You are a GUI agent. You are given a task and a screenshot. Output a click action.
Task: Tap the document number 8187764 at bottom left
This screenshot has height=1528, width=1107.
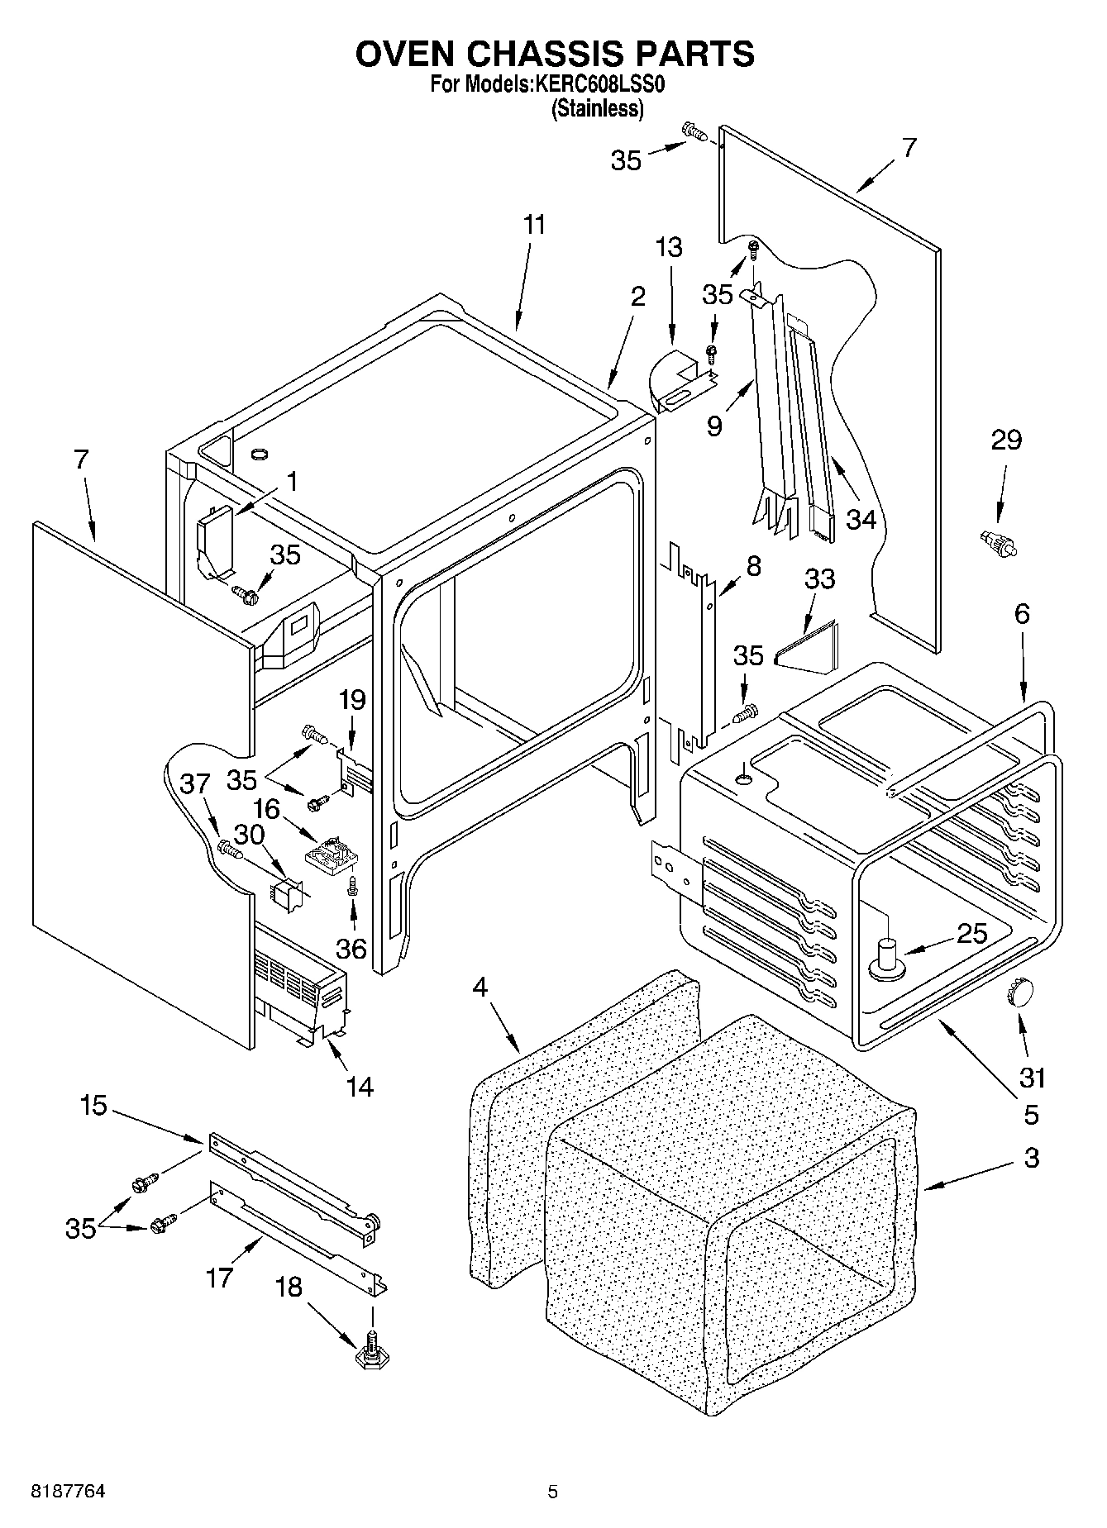coord(68,1492)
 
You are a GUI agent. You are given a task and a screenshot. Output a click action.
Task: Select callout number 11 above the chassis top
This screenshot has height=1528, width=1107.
coord(534,225)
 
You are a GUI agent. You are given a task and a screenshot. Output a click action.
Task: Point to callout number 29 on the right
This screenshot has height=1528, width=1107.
coord(1006,440)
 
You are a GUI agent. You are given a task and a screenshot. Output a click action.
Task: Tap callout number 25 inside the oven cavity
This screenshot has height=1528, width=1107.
coord(971,934)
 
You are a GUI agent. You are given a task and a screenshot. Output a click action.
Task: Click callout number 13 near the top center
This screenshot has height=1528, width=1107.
coord(669,247)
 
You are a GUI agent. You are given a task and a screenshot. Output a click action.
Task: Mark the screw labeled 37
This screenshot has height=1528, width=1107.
coord(228,848)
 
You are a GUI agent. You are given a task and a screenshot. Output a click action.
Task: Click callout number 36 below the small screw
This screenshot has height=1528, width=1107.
coord(351,948)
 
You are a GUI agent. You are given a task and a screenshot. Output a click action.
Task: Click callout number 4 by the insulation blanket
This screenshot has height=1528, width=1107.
coord(482,987)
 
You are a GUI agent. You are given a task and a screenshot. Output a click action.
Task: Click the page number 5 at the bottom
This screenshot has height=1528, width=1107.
coord(552,1492)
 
